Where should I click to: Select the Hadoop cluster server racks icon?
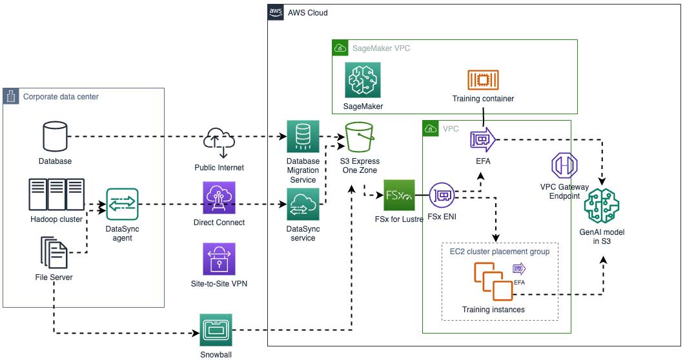click(x=57, y=194)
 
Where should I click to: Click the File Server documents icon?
click(x=55, y=254)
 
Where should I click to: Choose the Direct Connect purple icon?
click(x=220, y=198)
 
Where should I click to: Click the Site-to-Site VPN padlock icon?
click(x=220, y=260)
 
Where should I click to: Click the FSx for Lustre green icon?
click(x=399, y=195)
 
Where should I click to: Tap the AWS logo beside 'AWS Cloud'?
click(x=276, y=12)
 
